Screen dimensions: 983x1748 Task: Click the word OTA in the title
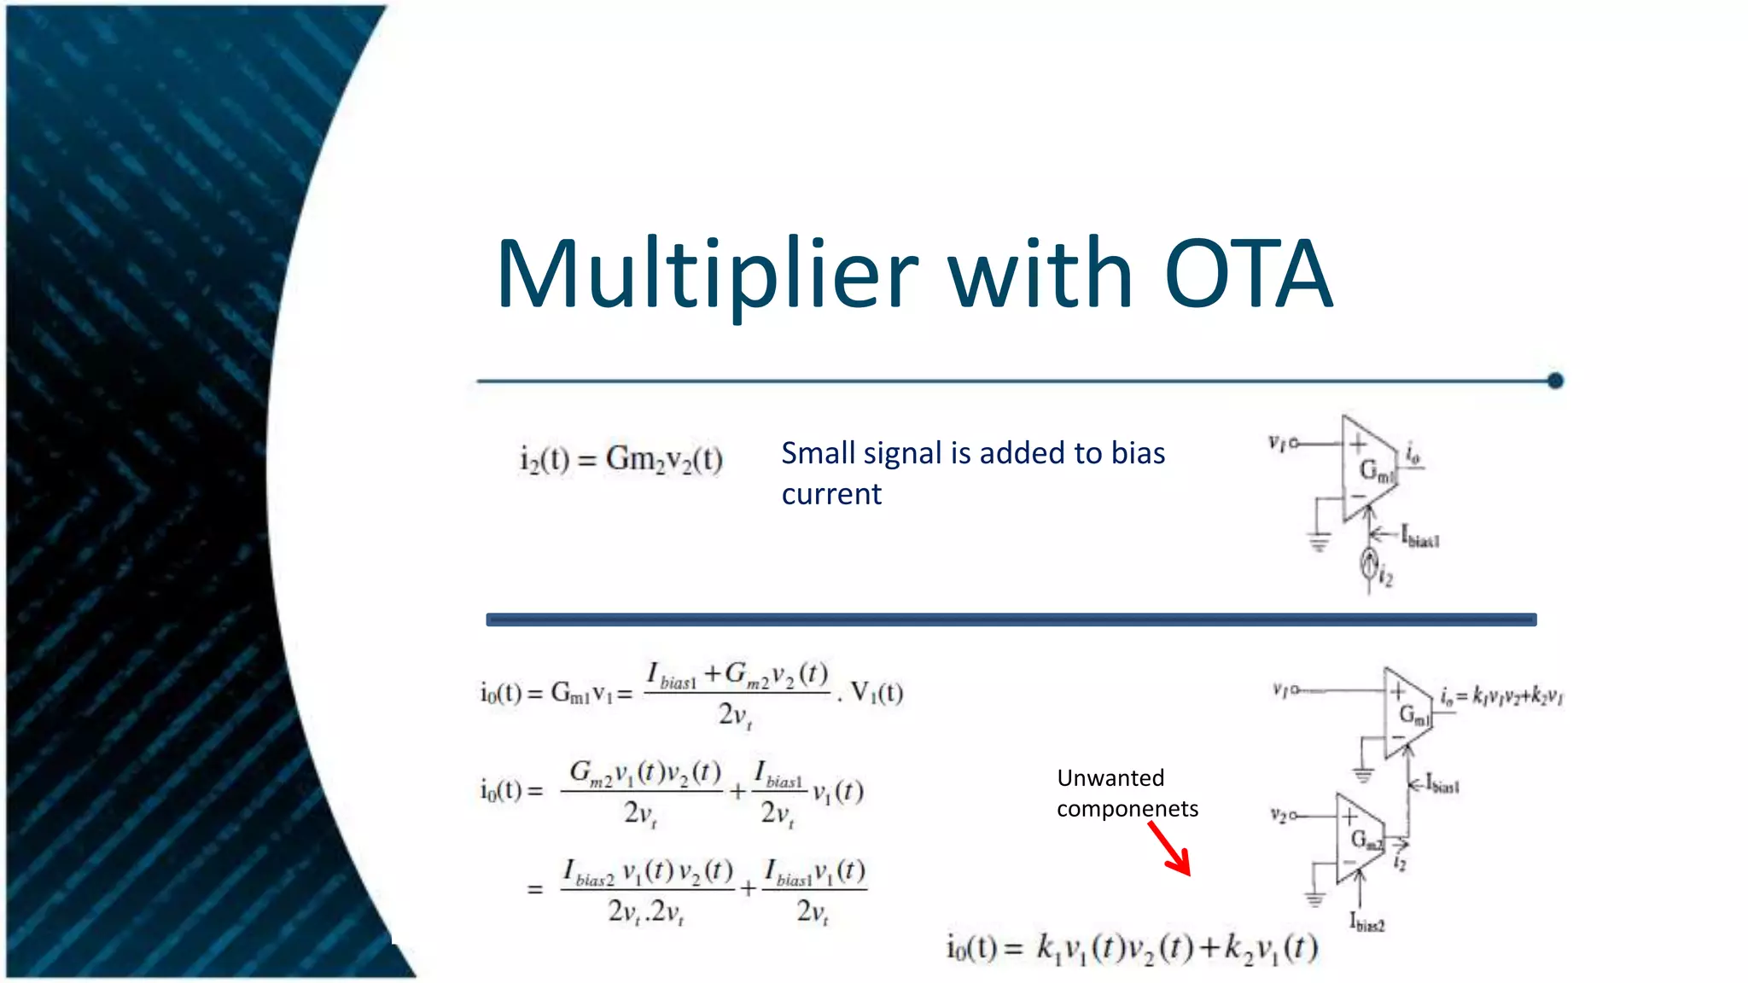coord(1248,275)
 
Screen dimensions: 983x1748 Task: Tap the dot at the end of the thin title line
coord(1554,381)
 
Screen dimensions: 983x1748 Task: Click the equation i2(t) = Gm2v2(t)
coord(621,459)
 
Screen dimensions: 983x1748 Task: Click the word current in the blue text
coord(831,494)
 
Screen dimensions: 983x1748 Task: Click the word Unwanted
coord(1110,777)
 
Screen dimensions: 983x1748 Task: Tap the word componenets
coord(1127,808)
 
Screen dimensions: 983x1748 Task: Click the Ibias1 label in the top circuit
coord(1419,538)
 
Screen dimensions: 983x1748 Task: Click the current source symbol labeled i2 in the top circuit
coord(1369,563)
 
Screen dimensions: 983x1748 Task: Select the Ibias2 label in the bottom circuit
coord(1366,922)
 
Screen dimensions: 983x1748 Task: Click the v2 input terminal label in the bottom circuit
coord(1279,816)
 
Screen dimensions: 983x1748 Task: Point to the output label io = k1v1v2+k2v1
coord(1501,696)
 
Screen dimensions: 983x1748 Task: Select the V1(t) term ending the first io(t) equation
coord(877,692)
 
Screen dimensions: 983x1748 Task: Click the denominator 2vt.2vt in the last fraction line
coord(645,912)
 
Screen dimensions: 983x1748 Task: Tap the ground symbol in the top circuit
coord(1319,541)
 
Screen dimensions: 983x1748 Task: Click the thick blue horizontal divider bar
coord(1011,619)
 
